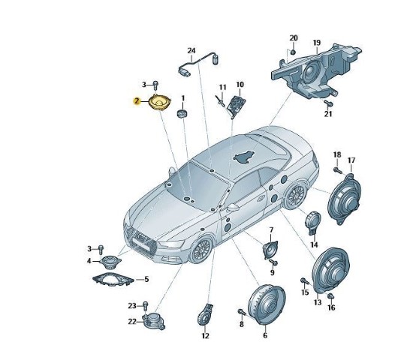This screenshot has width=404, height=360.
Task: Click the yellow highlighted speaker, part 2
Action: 160,103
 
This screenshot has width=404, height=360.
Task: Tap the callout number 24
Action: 191,51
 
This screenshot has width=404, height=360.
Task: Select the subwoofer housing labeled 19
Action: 316,71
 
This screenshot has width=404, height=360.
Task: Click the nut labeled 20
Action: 293,52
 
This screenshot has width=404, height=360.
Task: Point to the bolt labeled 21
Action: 328,103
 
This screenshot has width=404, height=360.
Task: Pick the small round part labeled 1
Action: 182,113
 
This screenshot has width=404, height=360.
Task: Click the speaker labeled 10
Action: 236,106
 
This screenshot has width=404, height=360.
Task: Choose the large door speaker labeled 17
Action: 344,199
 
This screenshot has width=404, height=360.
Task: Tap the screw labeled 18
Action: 337,170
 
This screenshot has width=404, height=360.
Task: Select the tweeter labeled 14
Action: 313,223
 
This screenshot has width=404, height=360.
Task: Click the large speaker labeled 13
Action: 330,271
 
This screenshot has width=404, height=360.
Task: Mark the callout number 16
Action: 331,307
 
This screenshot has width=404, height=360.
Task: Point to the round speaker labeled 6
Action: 267,304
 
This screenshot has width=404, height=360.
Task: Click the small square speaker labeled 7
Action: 270,249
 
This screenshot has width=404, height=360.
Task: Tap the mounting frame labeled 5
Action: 113,280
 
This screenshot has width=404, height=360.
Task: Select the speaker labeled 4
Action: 110,261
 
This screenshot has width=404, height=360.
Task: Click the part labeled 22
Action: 153,321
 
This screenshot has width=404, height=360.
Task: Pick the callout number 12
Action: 205,336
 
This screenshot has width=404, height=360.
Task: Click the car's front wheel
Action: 202,249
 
